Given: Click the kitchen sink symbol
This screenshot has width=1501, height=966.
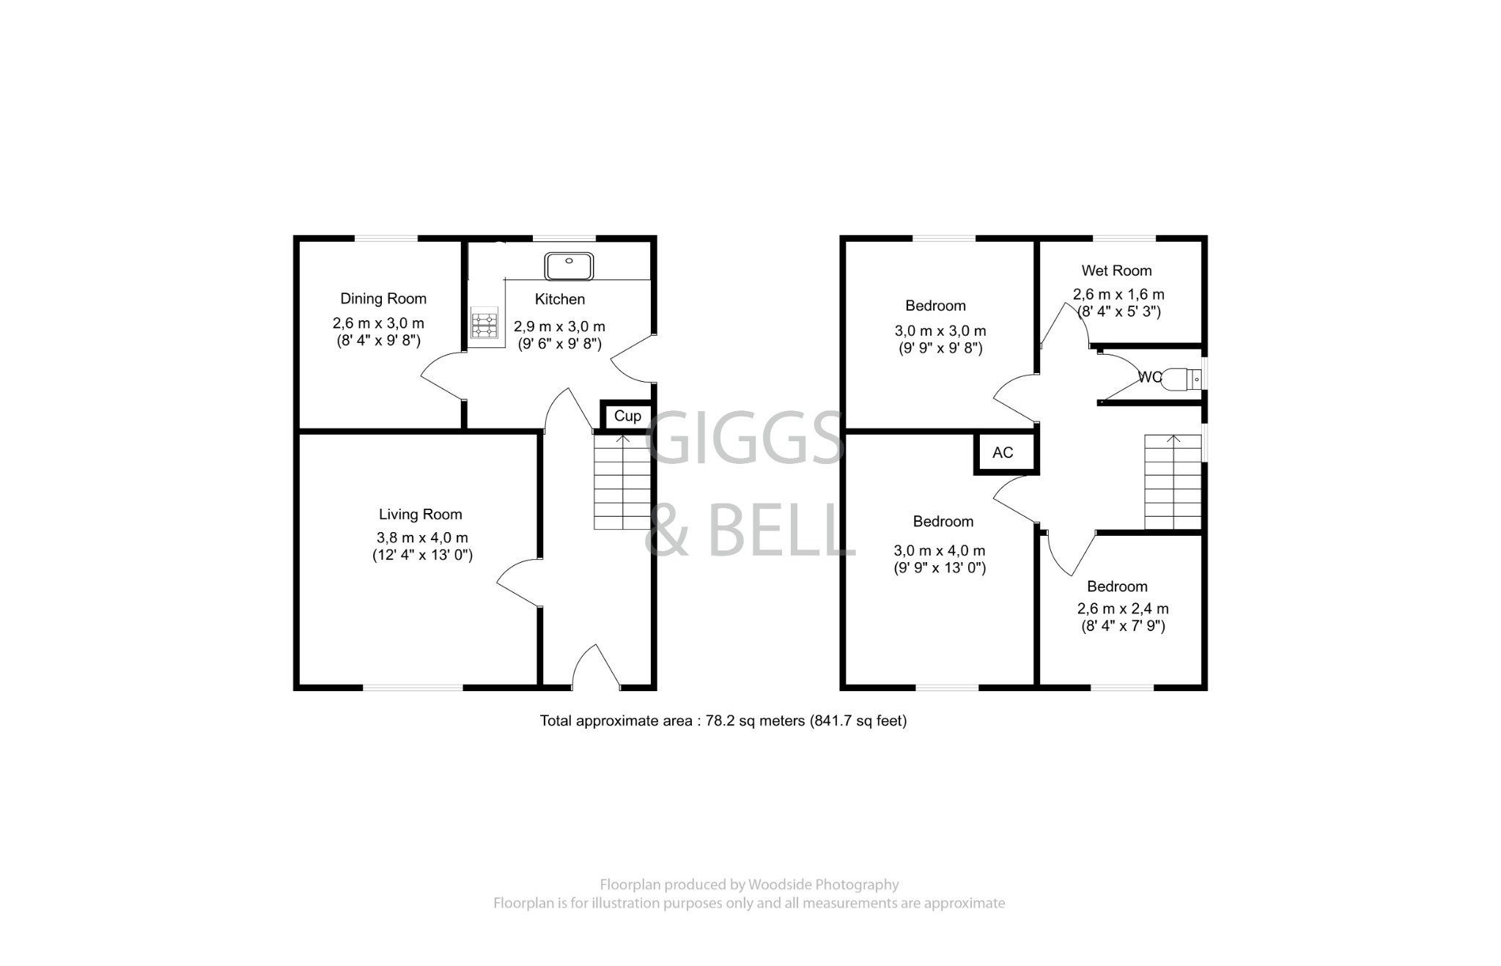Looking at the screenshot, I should click(569, 265).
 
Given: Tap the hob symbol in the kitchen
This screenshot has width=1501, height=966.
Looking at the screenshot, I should click(484, 325).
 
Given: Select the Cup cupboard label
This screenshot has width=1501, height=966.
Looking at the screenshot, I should click(627, 416).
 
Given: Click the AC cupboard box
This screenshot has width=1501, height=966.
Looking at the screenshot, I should click(1003, 453).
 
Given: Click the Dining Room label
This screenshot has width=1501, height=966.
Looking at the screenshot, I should click(383, 299).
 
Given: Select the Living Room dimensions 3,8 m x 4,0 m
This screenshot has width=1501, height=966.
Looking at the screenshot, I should click(422, 538).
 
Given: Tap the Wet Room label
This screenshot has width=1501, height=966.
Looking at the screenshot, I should click(1116, 271).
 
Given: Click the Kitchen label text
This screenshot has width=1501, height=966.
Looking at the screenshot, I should click(559, 300).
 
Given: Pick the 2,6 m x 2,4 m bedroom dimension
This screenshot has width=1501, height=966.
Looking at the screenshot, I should click(1122, 609).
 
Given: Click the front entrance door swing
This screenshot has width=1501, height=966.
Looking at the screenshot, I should click(594, 668).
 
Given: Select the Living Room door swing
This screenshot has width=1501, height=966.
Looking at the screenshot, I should click(519, 583).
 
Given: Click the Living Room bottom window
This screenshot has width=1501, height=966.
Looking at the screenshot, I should click(413, 687).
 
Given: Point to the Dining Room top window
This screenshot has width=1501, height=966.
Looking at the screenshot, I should click(386, 238).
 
